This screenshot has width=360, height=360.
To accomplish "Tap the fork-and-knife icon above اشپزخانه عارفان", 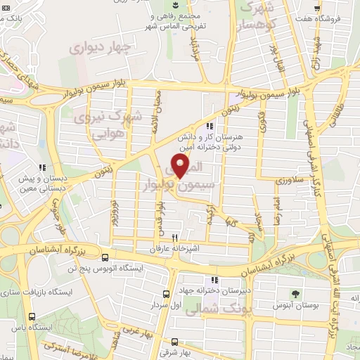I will click(174, 238).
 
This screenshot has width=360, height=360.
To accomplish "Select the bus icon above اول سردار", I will click(167, 295).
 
